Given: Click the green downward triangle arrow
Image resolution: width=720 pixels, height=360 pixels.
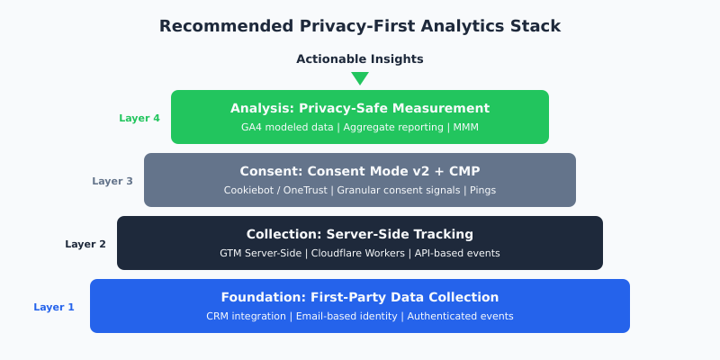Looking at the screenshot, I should [360, 77].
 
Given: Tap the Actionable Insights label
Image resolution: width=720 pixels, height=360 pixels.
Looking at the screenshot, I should [360, 59].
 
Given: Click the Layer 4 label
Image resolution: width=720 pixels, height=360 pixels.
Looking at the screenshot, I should [139, 118].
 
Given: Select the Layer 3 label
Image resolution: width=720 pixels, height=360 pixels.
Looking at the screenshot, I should [112, 181].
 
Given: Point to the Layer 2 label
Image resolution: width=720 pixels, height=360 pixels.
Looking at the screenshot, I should [85, 244].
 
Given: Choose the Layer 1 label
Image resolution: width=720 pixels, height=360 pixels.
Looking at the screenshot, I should [54, 307].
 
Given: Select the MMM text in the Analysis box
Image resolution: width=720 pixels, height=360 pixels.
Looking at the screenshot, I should [466, 128].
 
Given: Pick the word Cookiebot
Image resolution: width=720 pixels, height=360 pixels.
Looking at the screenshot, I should [248, 191].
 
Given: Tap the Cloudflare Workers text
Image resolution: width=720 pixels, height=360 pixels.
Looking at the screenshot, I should [358, 254].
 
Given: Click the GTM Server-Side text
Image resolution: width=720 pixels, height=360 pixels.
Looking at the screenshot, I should [261, 254].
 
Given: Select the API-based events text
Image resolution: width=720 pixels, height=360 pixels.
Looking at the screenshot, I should [457, 254].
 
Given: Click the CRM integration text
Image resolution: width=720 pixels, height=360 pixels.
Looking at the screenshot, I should [246, 317].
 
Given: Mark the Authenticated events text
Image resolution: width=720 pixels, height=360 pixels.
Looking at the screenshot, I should [462, 317].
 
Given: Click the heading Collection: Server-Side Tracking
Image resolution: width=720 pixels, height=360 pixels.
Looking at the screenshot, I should [360, 234].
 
